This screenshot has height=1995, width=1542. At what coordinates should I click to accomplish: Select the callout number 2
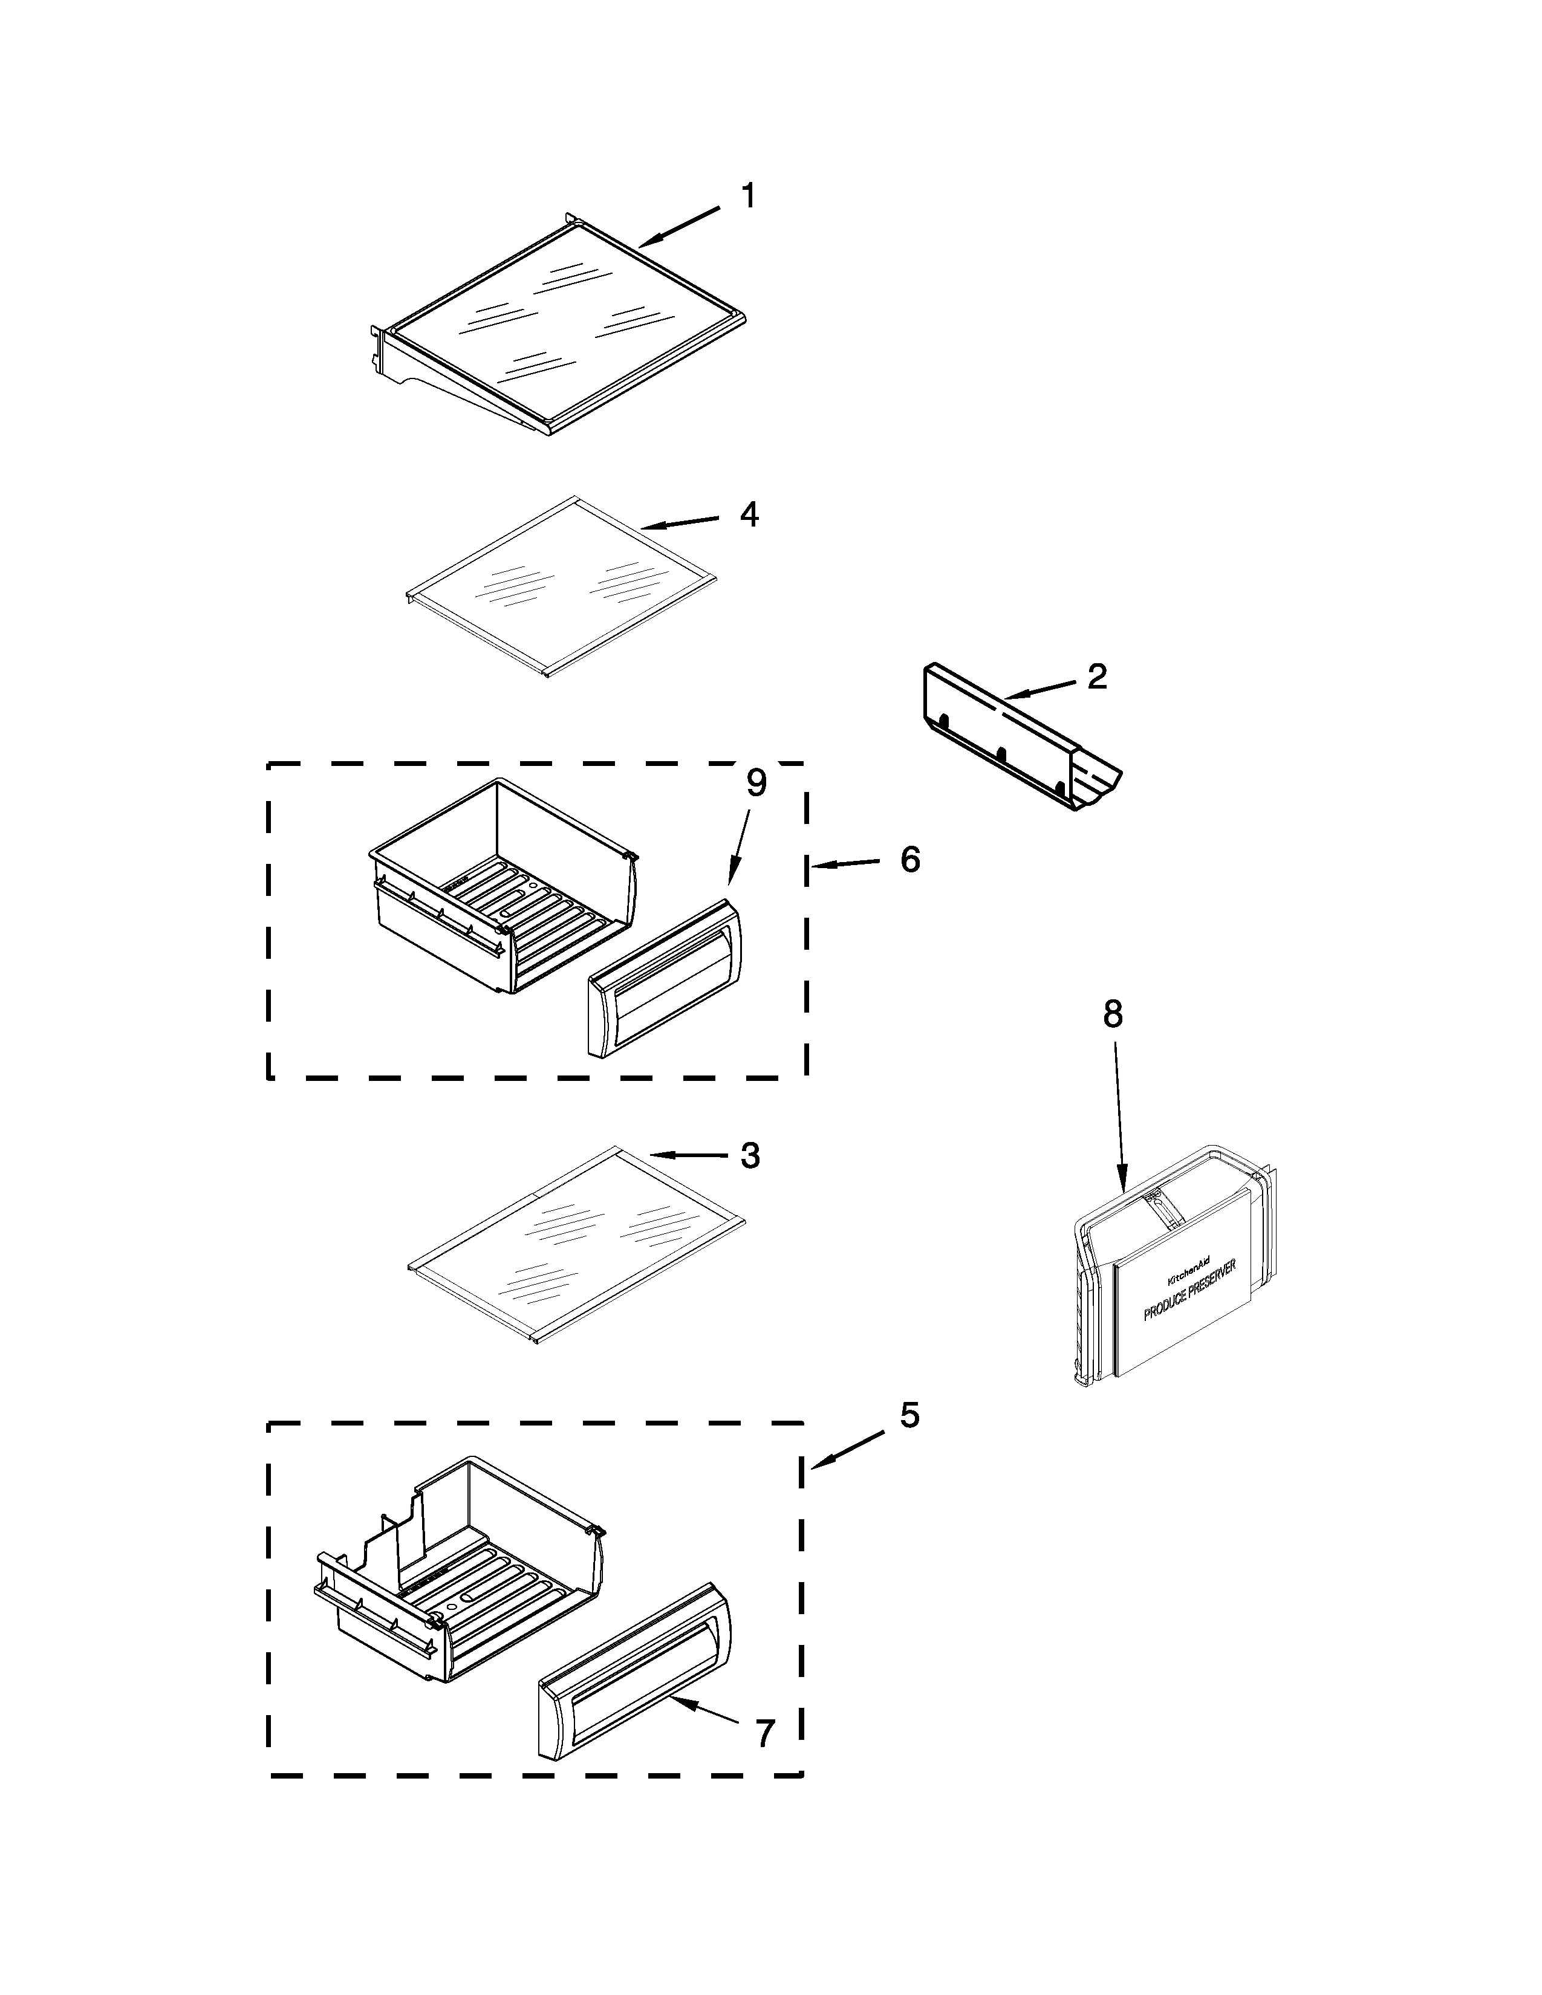point(1097,676)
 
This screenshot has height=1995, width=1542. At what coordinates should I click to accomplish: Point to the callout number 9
point(755,783)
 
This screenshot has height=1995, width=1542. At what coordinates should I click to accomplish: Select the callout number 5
point(909,1415)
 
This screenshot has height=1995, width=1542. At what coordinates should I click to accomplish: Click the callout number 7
point(764,1732)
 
